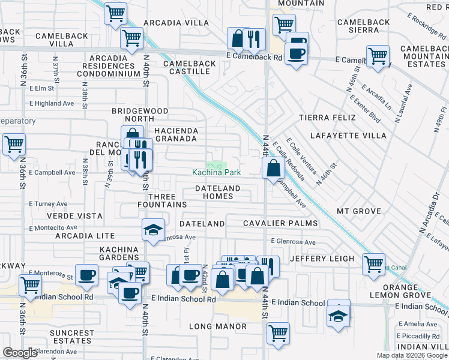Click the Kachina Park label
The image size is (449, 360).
[x=216, y=173]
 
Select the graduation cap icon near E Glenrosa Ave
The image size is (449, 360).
[x=153, y=230]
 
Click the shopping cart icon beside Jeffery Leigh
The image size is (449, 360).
[x=373, y=263]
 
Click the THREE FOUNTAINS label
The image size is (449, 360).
[x=161, y=201]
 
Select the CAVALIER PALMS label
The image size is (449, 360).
[x=280, y=224]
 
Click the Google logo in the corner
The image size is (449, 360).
[x=20, y=353]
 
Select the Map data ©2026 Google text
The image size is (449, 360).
[x=412, y=355]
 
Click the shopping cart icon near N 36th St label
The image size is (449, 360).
[x=13, y=144]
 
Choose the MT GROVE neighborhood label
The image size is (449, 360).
[x=359, y=211]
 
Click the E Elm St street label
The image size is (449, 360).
[x=45, y=88]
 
